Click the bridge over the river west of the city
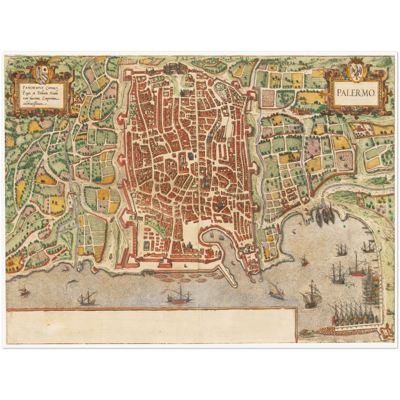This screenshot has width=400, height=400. click(73, 192)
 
